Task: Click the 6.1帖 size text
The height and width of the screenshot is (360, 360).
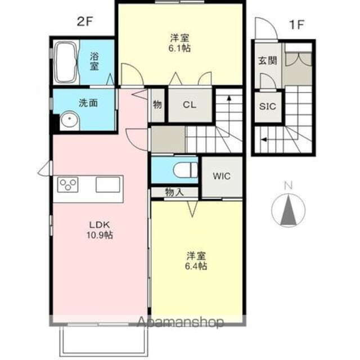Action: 180,48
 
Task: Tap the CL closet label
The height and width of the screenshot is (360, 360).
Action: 190,105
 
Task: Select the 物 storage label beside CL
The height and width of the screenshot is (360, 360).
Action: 157,105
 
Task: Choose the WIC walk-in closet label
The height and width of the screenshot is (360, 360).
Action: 221,175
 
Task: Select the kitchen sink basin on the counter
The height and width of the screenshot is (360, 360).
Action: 109,184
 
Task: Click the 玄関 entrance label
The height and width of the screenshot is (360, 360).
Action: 267,61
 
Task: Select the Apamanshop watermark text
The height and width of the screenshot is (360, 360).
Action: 179,322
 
